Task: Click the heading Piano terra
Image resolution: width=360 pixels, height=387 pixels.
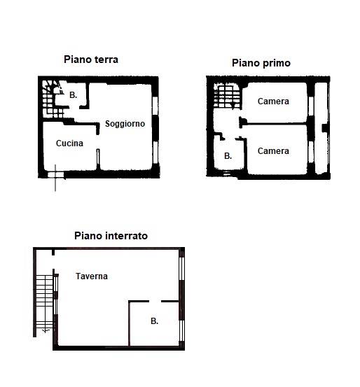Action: [x=91, y=59]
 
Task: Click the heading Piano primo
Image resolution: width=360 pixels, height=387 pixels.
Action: [x=261, y=63]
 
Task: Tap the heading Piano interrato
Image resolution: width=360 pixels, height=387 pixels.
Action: [x=111, y=236]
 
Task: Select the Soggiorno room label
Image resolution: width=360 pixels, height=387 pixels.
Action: [x=125, y=124]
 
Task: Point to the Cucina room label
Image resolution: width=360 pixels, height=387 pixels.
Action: [x=69, y=143]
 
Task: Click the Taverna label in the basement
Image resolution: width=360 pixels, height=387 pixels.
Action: [x=92, y=276]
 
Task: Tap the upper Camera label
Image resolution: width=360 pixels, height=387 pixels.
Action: [x=273, y=101]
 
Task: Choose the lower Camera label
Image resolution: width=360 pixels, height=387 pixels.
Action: [x=273, y=150]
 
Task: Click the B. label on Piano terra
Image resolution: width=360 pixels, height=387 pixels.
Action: [x=73, y=94]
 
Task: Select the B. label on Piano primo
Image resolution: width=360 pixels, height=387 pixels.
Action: [x=228, y=156]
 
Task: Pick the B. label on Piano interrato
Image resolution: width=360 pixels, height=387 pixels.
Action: [x=154, y=321]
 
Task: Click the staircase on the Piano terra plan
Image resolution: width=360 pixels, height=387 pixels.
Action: [x=53, y=99]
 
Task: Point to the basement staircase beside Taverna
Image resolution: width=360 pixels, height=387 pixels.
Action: [x=45, y=304]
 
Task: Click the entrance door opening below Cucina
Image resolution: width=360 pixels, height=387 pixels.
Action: [x=56, y=175]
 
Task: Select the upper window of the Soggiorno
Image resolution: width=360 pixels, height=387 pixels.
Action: [x=155, y=106]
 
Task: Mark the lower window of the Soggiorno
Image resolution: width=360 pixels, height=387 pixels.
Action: [x=155, y=153]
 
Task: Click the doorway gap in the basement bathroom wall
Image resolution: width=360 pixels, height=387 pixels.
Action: [x=155, y=301]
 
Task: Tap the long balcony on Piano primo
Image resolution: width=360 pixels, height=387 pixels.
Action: [x=321, y=128]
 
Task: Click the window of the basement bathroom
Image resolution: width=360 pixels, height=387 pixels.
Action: [x=181, y=331]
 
